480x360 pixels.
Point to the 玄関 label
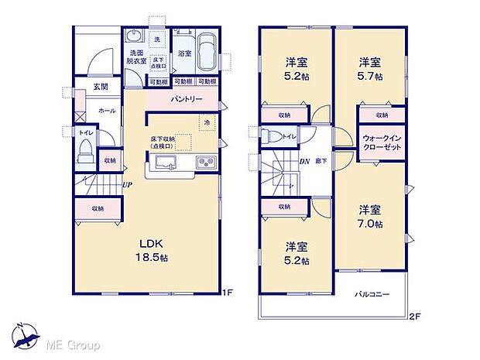[x=101, y=87]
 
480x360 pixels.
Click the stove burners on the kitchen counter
[x=207, y=163]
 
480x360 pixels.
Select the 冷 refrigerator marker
[x=207, y=122]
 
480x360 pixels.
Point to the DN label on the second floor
[x=304, y=161]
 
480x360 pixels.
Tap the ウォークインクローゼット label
[x=381, y=142]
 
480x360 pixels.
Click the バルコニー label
[x=372, y=295]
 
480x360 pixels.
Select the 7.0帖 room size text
[x=371, y=224]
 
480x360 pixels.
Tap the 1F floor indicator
[x=227, y=293]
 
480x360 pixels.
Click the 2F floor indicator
[x=414, y=316]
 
